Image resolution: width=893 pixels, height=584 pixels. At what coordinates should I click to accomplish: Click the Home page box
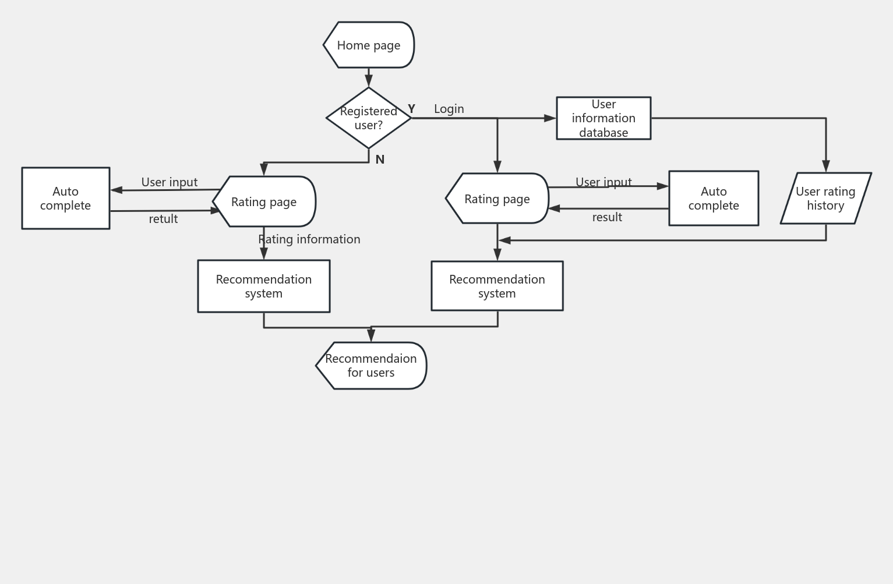coord(369,45)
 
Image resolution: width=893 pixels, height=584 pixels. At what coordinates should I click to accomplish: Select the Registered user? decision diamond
coord(369,118)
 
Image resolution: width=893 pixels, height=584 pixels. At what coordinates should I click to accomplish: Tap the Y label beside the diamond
coord(411,109)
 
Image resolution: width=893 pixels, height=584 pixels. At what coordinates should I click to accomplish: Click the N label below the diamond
coord(380,160)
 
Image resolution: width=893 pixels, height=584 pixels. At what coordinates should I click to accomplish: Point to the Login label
coord(449,109)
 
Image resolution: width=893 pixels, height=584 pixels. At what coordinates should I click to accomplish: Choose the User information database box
coord(603,118)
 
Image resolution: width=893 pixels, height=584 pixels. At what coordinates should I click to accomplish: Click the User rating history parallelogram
coord(825,199)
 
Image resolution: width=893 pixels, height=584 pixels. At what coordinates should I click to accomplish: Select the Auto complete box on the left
coord(65,199)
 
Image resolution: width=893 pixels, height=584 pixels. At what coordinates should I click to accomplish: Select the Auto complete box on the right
coord(714,199)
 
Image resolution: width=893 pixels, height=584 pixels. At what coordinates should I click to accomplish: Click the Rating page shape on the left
coord(264,201)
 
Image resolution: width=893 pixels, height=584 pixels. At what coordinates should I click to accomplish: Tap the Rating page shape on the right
coord(497,199)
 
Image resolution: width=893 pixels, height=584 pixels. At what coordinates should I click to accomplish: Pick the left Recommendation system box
coord(264,286)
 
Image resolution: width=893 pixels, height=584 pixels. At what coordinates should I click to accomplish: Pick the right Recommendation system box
coord(497,286)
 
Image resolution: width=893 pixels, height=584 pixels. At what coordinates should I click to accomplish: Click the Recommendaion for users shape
coord(371,366)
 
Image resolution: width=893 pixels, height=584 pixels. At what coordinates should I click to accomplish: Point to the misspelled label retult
coord(163,219)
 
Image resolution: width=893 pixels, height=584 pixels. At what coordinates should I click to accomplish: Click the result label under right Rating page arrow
coord(607,217)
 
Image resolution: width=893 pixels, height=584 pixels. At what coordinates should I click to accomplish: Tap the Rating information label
coord(309,239)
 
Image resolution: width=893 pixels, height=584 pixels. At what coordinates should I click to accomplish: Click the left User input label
coord(170,182)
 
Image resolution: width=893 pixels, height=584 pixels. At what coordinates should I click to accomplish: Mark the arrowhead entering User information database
coord(550,118)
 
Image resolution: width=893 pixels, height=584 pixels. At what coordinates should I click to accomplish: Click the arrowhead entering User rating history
coord(826,167)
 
